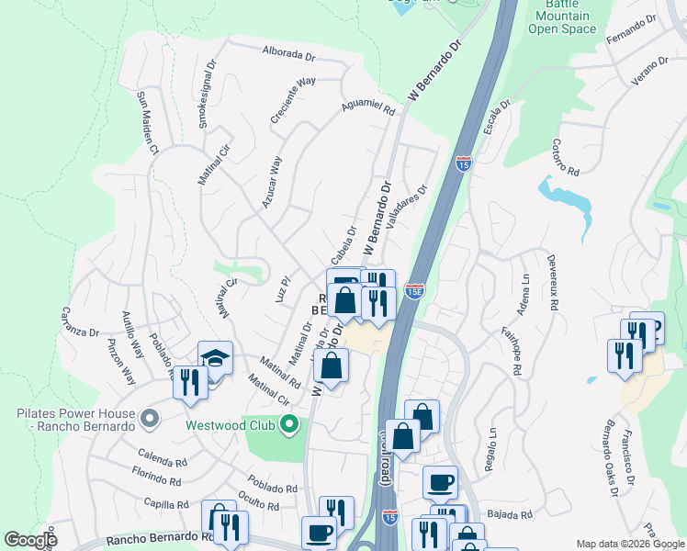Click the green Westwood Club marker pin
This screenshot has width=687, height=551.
click(289, 424)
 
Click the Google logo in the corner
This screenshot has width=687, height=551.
click(30, 540)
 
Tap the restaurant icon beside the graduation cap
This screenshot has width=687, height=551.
click(191, 382)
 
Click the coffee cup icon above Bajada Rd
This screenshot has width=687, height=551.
click(440, 481)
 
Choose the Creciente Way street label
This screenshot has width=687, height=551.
click(293, 100)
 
